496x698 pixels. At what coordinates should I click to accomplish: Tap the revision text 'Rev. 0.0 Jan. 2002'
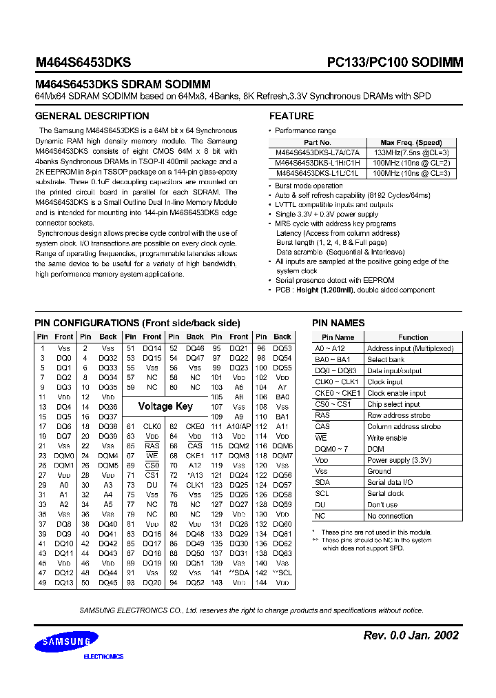411,635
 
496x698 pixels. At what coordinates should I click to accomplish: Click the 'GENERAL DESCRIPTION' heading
92,116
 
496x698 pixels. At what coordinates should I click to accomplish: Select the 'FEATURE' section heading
291,116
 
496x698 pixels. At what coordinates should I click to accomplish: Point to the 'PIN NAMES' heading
338,323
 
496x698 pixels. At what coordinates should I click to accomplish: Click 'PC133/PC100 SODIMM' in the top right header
395,62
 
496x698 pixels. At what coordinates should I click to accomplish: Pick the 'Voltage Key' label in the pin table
165,406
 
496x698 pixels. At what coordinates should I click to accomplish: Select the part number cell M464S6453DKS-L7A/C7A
317,153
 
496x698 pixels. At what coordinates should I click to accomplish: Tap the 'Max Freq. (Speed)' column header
411,143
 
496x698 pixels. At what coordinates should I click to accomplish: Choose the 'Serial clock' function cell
386,494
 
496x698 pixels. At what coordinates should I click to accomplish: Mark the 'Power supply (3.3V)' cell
399,460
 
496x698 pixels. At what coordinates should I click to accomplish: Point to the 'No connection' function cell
390,516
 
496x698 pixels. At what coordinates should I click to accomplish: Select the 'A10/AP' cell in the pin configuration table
239,427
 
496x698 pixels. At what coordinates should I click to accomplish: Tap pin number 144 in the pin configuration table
261,583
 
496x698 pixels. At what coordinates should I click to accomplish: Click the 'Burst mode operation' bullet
309,186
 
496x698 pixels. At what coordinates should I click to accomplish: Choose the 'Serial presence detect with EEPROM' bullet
335,281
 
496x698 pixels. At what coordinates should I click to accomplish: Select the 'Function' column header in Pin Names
413,337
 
